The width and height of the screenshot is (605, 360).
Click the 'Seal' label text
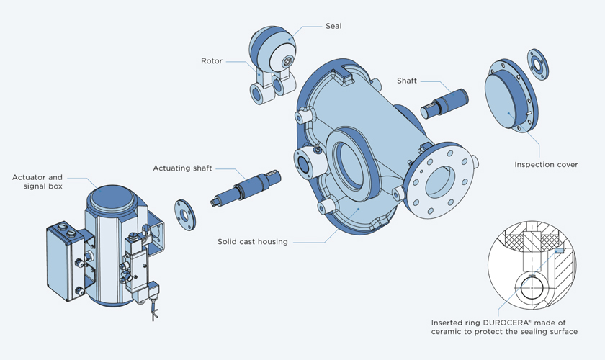pyautogui.click(x=333, y=27)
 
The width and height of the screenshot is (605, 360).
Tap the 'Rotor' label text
pyautogui.click(x=211, y=61)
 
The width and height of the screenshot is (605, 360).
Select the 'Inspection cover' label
pyautogui.click(x=546, y=165)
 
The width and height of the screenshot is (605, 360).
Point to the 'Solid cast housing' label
pyautogui.click(x=253, y=242)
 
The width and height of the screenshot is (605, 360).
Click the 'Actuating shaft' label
pyautogui.click(x=182, y=168)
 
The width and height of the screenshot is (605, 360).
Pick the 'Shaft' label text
pyautogui.click(x=407, y=80)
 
